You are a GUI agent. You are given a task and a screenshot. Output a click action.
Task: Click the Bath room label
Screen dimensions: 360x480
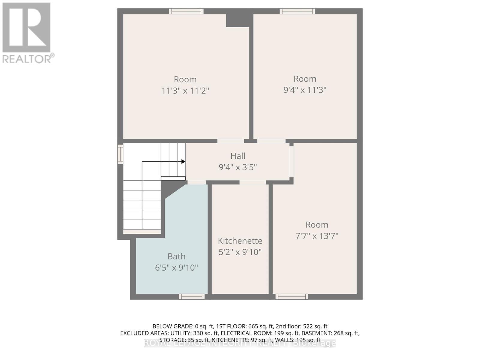[176, 256]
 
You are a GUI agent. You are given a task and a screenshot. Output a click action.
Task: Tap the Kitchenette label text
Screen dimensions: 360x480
[240, 241]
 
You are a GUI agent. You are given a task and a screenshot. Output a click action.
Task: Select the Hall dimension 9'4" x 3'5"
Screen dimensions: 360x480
[238, 167]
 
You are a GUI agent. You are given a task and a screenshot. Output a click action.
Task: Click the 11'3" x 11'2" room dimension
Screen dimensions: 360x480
[185, 90]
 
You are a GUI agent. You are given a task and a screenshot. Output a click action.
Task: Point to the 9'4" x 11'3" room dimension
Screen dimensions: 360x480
[305, 90]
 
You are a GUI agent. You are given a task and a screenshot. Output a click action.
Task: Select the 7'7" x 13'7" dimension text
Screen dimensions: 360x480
[317, 236]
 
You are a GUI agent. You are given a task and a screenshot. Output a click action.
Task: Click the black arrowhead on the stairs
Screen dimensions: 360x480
[183, 162]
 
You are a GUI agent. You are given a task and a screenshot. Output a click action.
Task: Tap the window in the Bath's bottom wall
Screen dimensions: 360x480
[192, 297]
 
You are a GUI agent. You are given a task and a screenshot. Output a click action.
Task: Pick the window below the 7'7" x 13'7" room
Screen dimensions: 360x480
[292, 297]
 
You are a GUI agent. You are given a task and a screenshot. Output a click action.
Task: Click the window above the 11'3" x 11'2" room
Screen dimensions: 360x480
[186, 11]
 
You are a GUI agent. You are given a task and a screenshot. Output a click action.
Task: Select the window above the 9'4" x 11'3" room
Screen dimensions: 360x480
[297, 11]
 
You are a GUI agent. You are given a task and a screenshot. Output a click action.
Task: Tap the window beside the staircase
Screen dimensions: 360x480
[120, 154]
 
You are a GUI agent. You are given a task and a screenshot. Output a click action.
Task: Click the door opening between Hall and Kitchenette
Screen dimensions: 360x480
[253, 182]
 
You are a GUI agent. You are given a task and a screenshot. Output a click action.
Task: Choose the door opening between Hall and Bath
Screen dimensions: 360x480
[196, 182]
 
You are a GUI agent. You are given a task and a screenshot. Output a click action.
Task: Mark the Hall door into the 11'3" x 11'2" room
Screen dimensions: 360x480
[230, 141]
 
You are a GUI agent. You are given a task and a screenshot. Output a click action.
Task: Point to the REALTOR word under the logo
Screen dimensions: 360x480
[27, 59]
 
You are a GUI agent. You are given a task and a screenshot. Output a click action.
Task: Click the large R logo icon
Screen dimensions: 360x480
[26, 28]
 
